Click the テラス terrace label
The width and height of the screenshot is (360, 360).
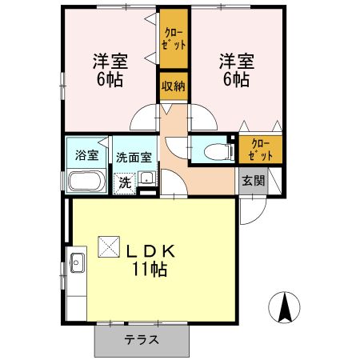coord(142,338)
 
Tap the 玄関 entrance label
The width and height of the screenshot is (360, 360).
coord(250,180)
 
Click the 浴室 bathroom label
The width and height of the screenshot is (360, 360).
coord(86,157)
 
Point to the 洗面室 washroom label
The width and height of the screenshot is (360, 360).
coord(134,158)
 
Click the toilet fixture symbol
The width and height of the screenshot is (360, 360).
coord(211,150)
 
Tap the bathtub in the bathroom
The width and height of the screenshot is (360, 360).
coord(85,182)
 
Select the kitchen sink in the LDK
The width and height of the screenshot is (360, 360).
coord(78,262)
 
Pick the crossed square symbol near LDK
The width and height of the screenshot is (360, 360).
coord(107,247)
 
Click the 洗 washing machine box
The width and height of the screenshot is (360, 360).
coord(125,182)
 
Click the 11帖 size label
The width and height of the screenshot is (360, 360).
coord(149,270)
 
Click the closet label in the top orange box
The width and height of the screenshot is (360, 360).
coord(172,38)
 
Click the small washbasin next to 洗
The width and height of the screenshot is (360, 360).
coord(148,180)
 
